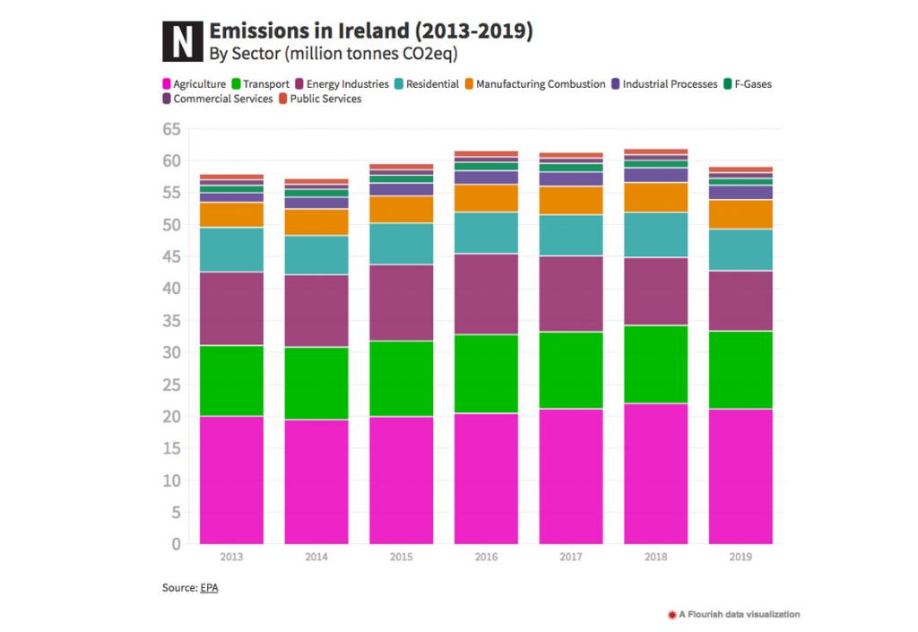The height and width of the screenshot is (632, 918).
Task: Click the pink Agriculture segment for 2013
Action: click(x=231, y=480)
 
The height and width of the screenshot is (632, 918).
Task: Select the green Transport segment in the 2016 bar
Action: click(x=486, y=374)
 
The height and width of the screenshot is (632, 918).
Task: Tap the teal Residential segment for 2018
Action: click(x=655, y=235)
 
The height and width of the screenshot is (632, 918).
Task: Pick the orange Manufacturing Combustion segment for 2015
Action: click(x=401, y=209)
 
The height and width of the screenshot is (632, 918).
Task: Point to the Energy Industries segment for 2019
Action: click(x=740, y=300)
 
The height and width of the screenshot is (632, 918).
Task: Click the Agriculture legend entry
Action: click(x=193, y=84)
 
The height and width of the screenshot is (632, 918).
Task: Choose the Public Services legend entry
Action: click(x=325, y=99)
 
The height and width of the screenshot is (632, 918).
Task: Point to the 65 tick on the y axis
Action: click(x=171, y=129)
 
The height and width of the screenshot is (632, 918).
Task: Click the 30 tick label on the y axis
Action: click(x=171, y=352)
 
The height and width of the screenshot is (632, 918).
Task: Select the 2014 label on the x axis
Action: click(x=316, y=557)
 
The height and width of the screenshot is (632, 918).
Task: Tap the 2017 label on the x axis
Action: click(x=570, y=557)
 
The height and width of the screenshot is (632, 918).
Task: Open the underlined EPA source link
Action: click(x=209, y=587)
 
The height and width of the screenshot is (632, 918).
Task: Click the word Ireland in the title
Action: click(x=351, y=31)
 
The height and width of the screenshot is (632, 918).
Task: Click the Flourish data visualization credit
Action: click(x=733, y=614)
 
